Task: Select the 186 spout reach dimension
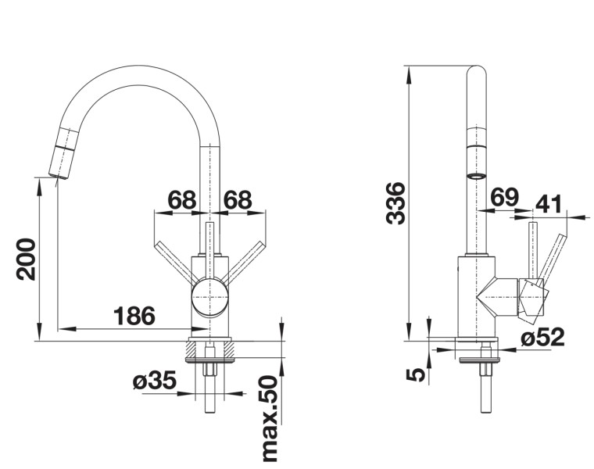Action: tap(134, 316)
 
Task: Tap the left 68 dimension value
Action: tap(182, 200)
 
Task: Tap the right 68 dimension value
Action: tap(238, 200)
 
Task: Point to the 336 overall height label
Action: tap(397, 203)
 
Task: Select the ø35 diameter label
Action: tap(153, 381)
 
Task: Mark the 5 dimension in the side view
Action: tap(417, 374)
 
